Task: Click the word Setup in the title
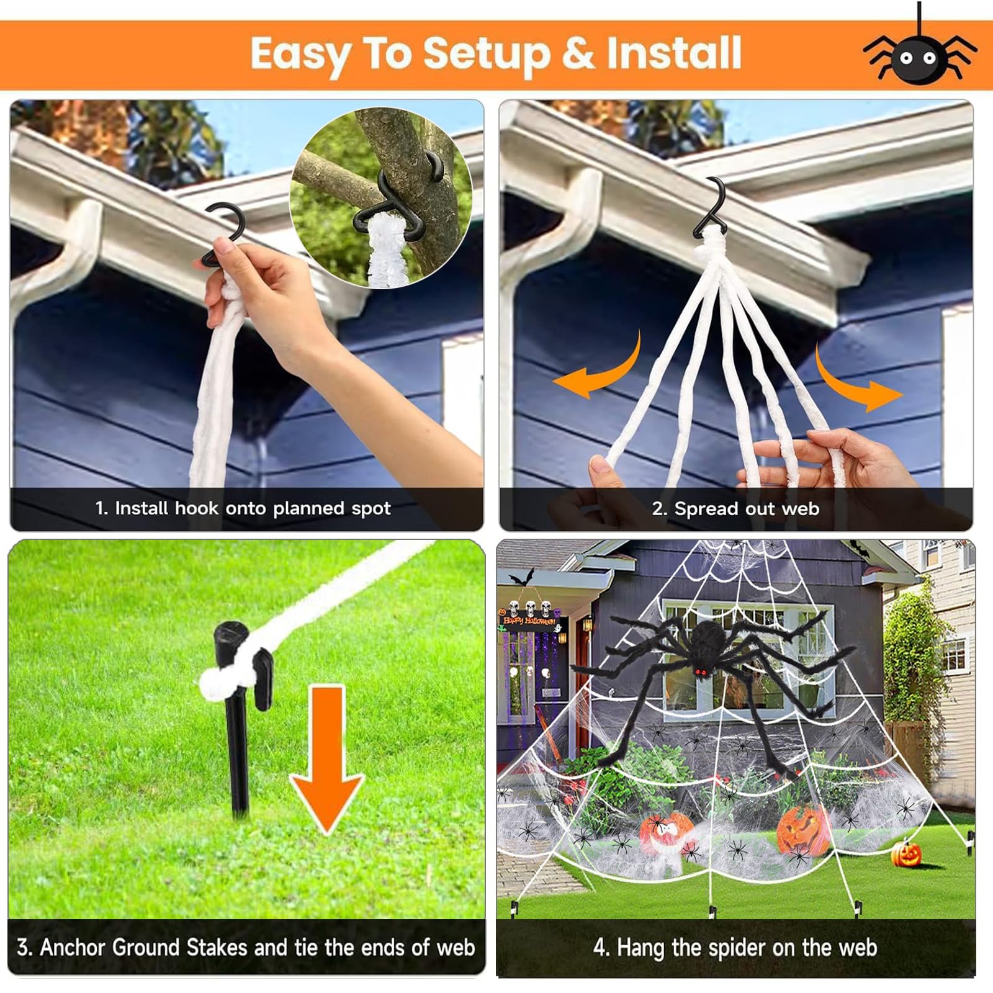coord(487,55)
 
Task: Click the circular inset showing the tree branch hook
coord(380,198)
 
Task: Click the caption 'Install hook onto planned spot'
coord(243,508)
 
